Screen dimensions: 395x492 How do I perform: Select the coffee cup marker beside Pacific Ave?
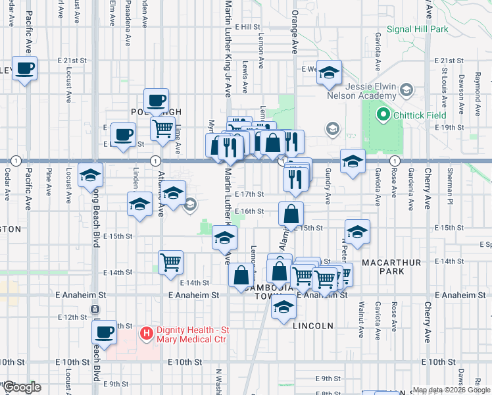click(24, 68)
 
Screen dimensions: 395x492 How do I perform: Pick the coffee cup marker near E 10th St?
click(105, 332)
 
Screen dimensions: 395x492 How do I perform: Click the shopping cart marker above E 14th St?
click(170, 262)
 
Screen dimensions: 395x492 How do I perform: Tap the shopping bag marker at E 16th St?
click(291, 213)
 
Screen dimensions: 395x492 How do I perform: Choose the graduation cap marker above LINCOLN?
click(283, 308)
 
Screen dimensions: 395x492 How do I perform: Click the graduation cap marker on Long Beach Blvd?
click(90, 176)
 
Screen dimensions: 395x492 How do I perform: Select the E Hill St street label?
click(251, 27)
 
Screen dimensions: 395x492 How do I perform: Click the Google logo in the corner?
click(22, 387)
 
